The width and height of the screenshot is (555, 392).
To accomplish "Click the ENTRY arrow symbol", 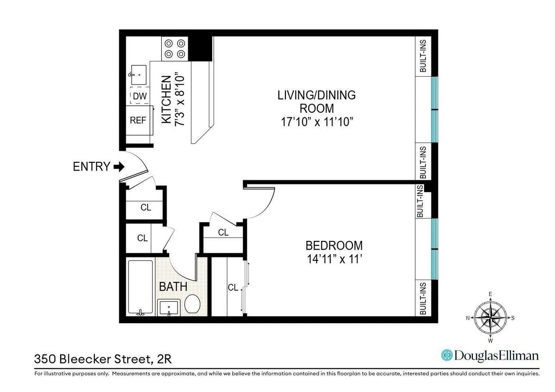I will [119, 166].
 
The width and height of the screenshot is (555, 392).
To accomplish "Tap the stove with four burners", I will [174, 49].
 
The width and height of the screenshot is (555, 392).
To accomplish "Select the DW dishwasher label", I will [139, 96].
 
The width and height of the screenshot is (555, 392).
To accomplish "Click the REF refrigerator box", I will [138, 120].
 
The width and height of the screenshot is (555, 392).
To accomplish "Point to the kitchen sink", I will [138, 74].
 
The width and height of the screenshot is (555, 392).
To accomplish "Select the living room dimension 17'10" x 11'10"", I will [316, 122].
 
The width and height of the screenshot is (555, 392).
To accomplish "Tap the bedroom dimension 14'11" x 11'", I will [334, 259].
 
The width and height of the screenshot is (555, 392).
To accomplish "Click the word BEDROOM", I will [334, 245].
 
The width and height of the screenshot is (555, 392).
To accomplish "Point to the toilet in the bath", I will [192, 305].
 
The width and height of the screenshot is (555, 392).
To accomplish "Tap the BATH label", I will [173, 287].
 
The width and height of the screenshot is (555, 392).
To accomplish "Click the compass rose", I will [490, 318].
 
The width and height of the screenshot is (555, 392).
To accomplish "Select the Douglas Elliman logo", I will [490, 355].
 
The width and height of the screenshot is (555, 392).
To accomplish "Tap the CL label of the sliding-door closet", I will [233, 288].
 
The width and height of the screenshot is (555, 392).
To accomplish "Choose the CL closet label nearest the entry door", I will [146, 208].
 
